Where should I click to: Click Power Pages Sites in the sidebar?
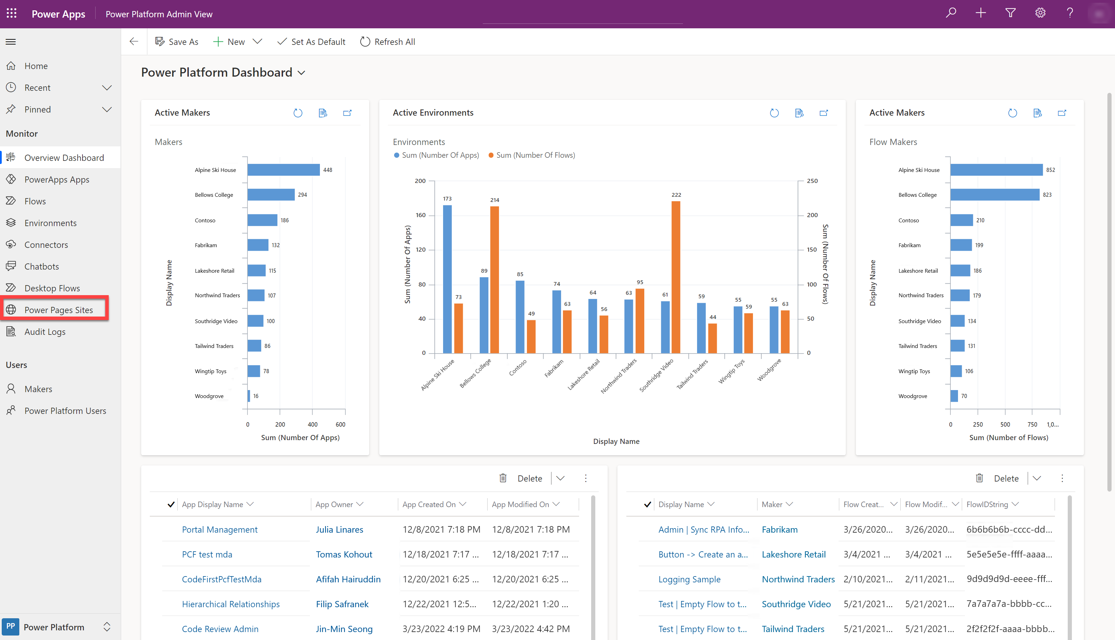click(58, 310)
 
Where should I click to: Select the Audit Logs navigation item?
click(45, 332)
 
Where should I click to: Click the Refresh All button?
click(388, 42)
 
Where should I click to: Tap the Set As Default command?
click(312, 42)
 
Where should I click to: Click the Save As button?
click(177, 42)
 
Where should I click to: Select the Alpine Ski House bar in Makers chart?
click(283, 170)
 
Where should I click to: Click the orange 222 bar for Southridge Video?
click(676, 277)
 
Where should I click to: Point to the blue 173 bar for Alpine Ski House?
click(447, 279)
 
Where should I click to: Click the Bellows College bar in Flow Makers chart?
click(995, 195)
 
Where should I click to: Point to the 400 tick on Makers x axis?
click(312, 424)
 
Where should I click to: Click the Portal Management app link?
click(220, 530)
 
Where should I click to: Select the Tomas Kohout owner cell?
click(344, 555)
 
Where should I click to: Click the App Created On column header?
click(429, 505)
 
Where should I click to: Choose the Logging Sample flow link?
click(689, 579)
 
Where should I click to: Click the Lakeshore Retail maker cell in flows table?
click(793, 555)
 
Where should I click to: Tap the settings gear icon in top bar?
click(1040, 13)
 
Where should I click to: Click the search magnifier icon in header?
click(951, 13)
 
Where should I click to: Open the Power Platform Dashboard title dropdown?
click(301, 73)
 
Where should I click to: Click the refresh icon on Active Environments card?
click(774, 113)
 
